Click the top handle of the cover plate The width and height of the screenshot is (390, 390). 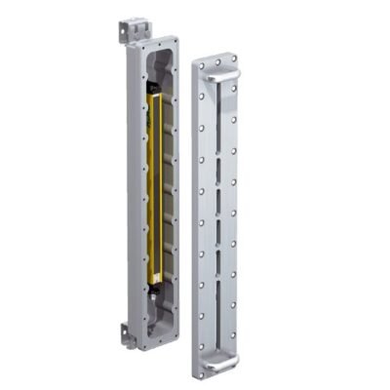click(221, 70)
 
